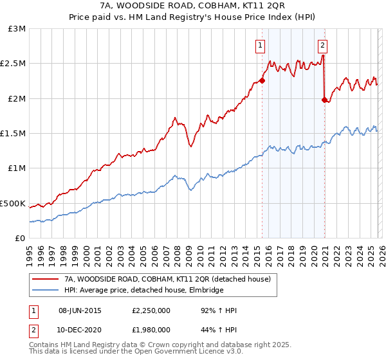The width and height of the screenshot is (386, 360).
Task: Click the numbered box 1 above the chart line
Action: (260, 45)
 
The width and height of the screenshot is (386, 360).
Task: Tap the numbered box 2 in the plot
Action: (322, 45)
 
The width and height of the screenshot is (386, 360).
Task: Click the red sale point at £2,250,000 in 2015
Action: (262, 81)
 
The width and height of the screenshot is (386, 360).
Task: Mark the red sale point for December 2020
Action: (324, 100)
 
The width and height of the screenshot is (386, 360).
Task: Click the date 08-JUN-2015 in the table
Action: (82, 310)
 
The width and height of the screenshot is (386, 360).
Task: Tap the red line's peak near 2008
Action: (174, 118)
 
